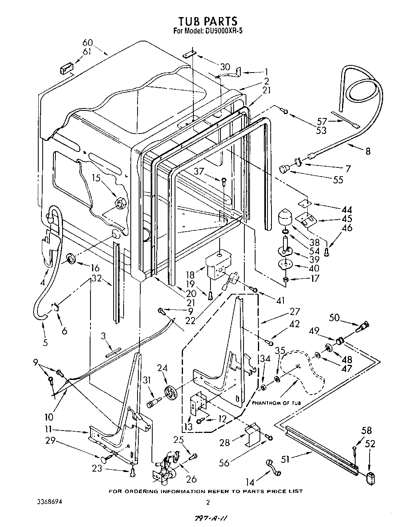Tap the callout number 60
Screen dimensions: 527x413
point(88,43)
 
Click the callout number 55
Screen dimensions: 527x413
point(338,180)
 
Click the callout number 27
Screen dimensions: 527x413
point(295,311)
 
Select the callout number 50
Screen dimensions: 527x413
point(335,317)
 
